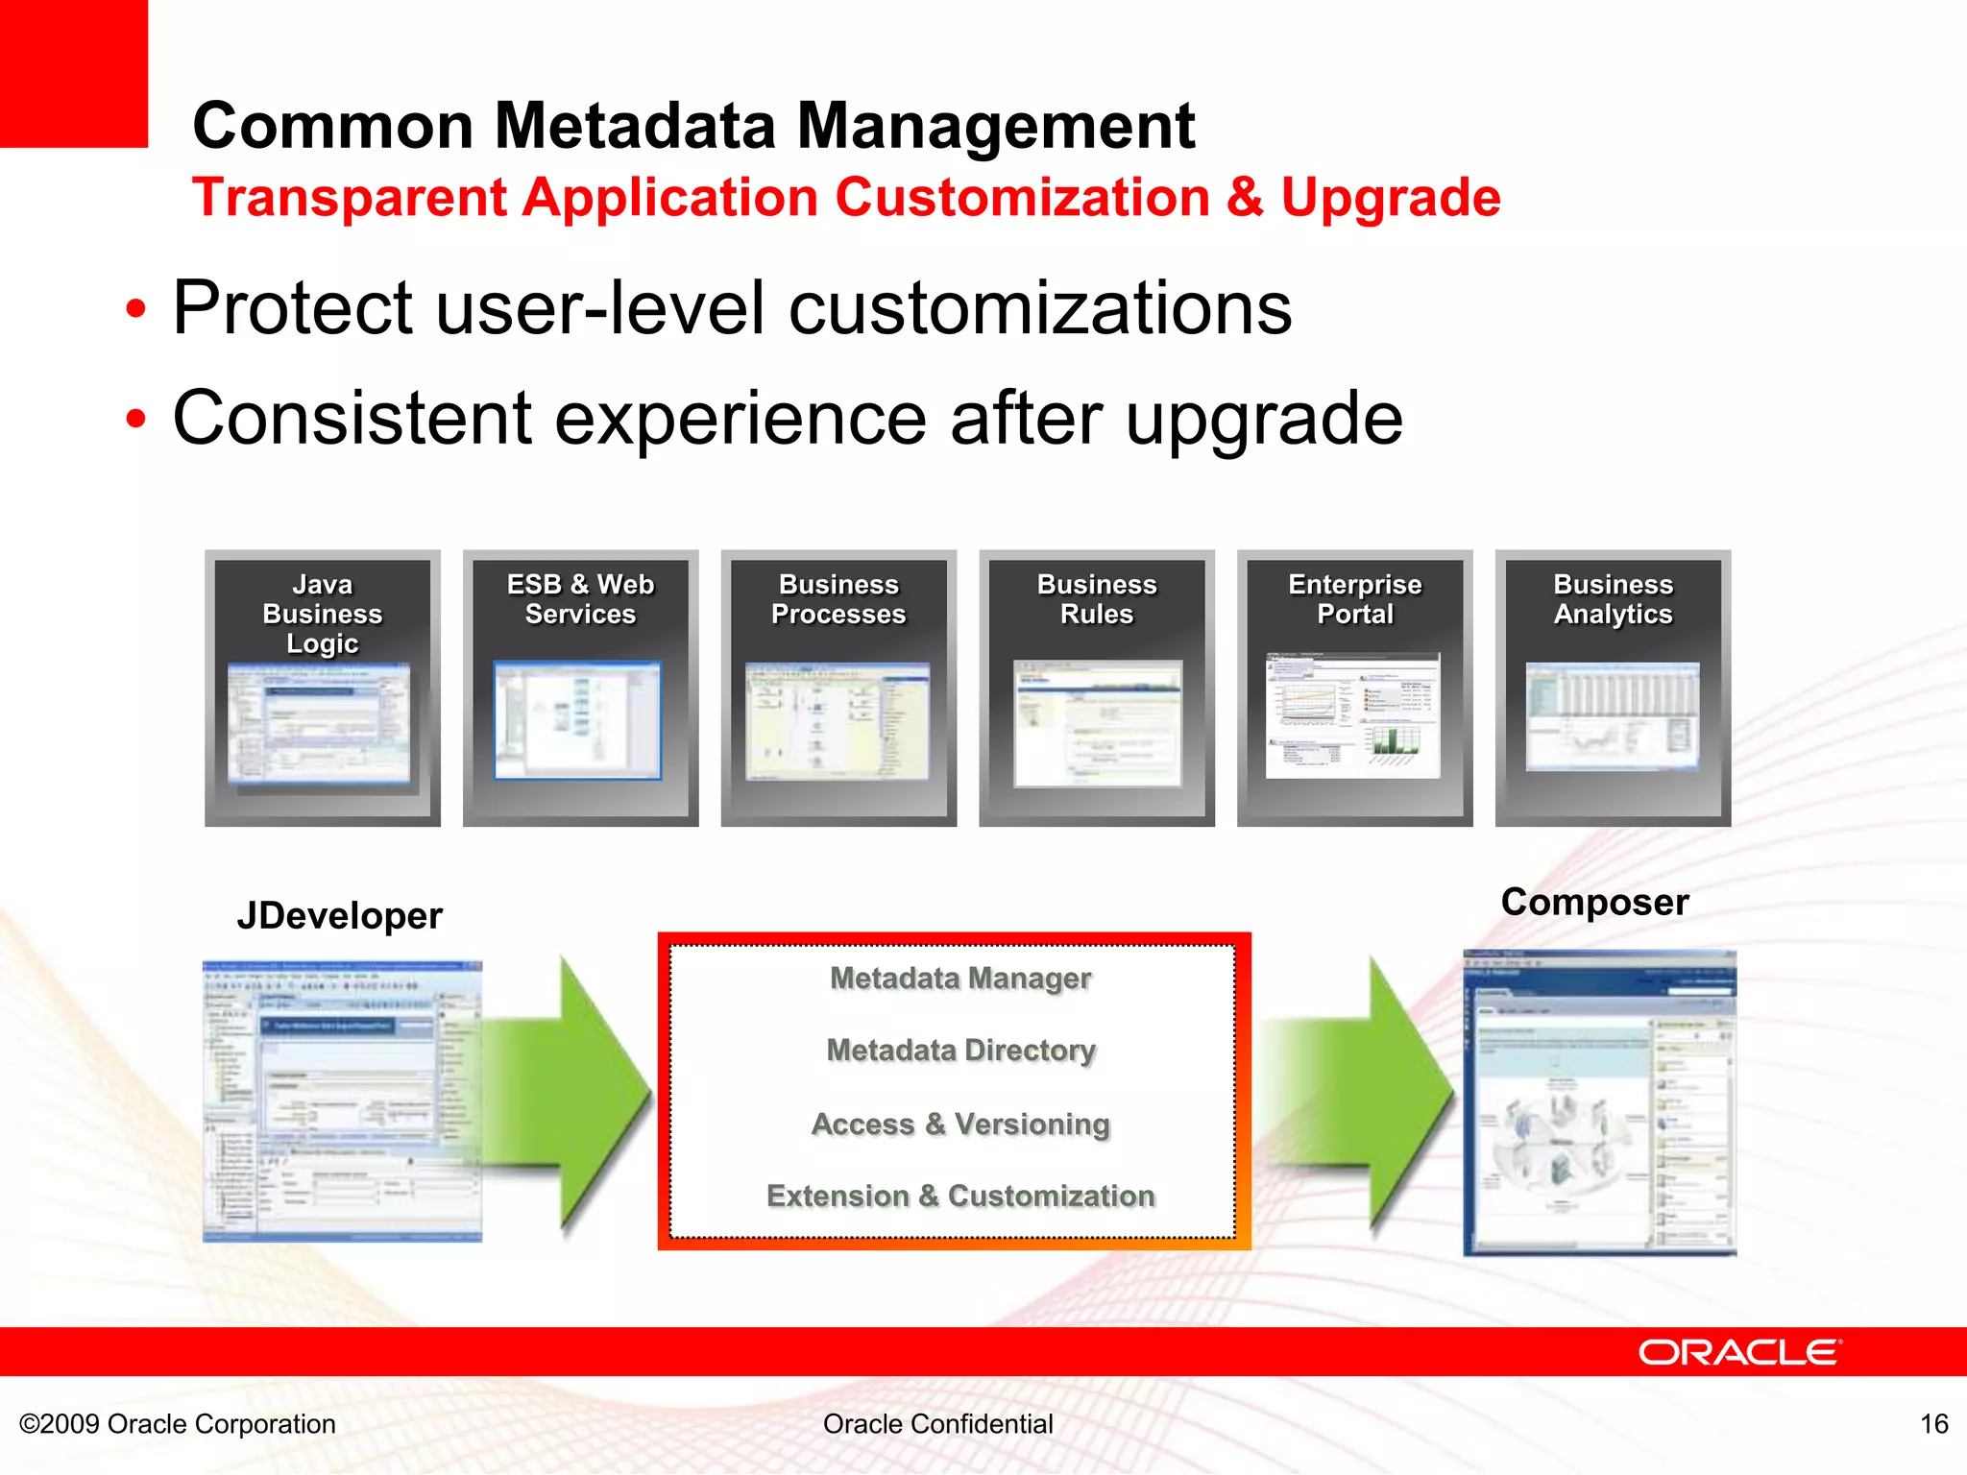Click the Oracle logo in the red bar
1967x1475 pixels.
coord(1738,1352)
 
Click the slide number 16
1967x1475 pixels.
coord(1933,1423)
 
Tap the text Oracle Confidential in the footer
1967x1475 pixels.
coord(937,1423)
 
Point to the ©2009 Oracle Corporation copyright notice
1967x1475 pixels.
coord(178,1423)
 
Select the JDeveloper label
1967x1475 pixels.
coord(339,915)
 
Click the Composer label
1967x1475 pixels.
coord(1594,902)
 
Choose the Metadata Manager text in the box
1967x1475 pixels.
coord(960,978)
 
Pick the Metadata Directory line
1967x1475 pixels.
coord(960,1050)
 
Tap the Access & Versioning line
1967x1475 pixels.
coord(960,1124)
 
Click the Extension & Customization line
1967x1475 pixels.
coord(960,1196)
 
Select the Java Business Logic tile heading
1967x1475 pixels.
coord(323,614)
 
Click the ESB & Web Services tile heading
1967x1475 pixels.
coord(580,599)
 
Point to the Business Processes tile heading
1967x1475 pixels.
coord(838,599)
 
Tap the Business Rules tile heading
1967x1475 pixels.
coord(1097,599)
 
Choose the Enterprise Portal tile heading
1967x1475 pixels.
coord(1355,599)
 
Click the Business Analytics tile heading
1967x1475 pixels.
coord(1614,599)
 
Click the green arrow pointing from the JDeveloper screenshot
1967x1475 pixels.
coord(576,1095)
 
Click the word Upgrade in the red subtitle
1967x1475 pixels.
coord(1391,198)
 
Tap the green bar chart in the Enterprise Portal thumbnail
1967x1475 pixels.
coord(1396,739)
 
